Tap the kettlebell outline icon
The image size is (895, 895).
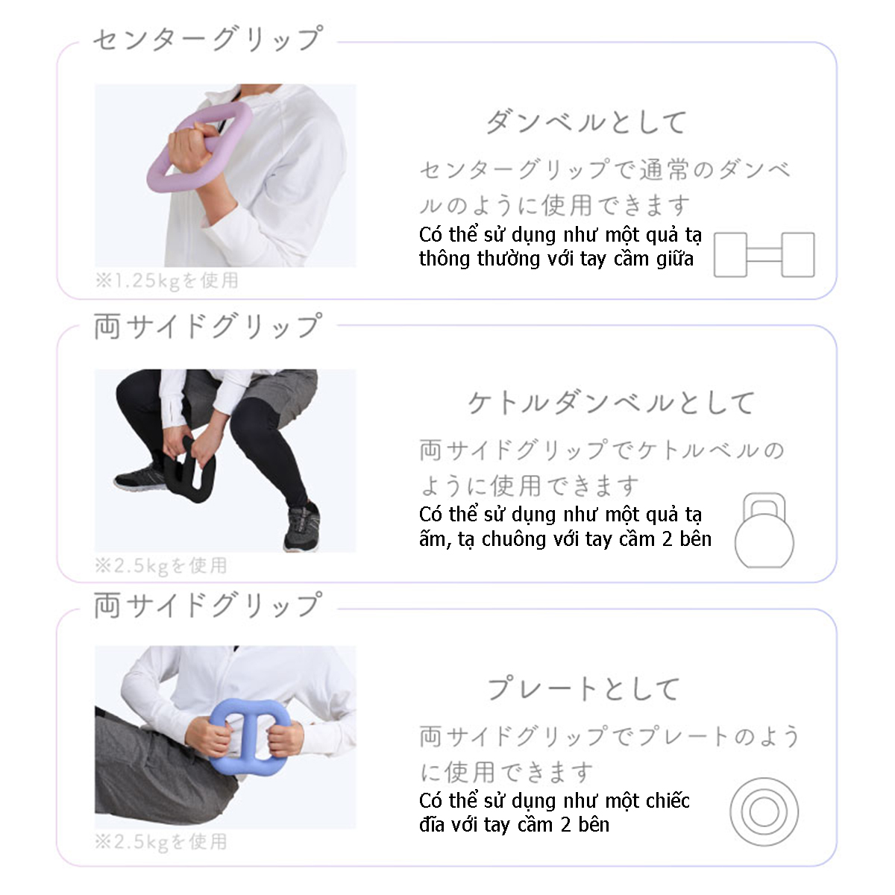point(764,530)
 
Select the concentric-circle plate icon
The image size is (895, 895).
point(764,812)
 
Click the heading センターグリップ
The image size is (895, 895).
point(207,39)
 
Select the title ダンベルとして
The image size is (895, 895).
point(586,122)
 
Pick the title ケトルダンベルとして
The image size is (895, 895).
point(610,403)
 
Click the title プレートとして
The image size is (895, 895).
point(584,689)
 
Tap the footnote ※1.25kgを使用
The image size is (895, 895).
point(166,281)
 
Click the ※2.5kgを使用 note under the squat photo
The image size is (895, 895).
point(160,566)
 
